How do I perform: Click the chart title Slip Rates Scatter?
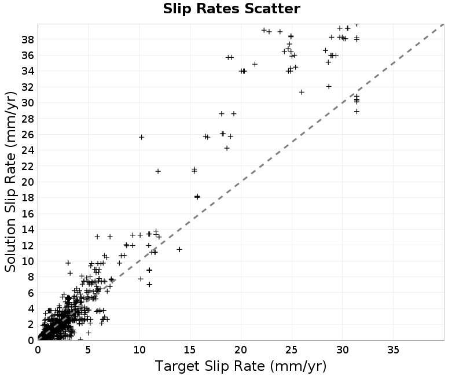231,9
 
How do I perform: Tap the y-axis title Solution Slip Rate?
11,182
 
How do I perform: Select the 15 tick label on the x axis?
190,350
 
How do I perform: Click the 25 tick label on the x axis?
292,350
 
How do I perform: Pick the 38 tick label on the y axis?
28,39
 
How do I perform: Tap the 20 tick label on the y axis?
28,182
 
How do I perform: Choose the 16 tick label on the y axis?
28,213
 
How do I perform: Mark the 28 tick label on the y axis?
28,119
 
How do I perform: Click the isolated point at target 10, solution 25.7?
141,137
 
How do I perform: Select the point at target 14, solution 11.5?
179,249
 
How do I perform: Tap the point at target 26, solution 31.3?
302,92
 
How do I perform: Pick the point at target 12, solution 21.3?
158,171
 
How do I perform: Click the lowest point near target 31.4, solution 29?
357,111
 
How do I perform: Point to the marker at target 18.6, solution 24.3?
227,148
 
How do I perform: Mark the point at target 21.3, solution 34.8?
255,64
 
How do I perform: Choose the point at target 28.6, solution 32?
329,86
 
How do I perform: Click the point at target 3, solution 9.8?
68,263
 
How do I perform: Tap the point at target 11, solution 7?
149,284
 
